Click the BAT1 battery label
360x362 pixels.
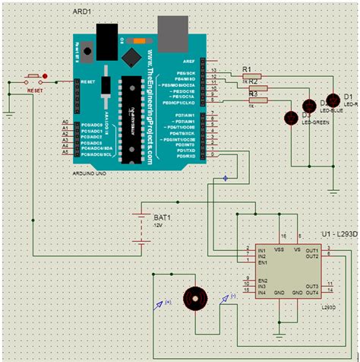tap(163, 216)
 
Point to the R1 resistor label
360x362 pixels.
tap(246, 69)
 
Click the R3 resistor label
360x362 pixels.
tap(253, 94)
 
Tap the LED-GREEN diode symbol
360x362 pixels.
tap(290, 117)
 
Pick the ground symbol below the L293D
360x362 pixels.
tap(280, 332)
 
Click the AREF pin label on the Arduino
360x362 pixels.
tap(191, 61)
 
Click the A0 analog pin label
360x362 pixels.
tap(65, 122)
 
